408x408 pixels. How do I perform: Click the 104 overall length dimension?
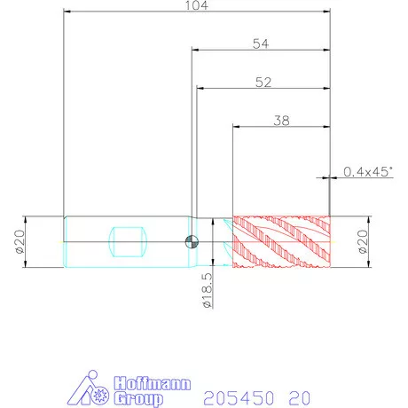point(197,5)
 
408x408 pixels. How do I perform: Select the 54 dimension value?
point(261,43)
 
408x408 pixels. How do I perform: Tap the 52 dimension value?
point(263,82)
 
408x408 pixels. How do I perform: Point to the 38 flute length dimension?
point(281,121)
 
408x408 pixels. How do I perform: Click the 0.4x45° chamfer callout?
point(368,171)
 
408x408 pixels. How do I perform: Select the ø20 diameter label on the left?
point(20,242)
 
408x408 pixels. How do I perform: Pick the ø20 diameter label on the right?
point(363,242)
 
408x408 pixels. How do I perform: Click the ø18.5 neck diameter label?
point(208,290)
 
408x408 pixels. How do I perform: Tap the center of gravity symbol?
point(192,242)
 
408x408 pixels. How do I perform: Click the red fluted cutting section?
point(281,242)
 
